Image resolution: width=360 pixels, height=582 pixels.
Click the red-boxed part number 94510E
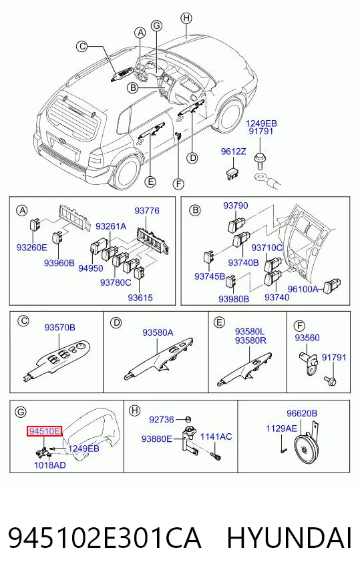pyautogui.click(x=44, y=431)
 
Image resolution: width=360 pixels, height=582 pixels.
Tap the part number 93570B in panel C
pyautogui.click(x=60, y=327)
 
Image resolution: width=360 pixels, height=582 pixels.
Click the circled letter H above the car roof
pyautogui.click(x=186, y=18)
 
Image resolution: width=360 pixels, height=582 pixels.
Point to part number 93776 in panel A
pyautogui.click(x=147, y=211)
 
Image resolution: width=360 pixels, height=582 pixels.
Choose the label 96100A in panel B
pyautogui.click(x=303, y=289)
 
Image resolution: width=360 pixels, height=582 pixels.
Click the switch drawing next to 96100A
pyautogui.click(x=332, y=286)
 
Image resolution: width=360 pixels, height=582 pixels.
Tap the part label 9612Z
pyautogui.click(x=233, y=152)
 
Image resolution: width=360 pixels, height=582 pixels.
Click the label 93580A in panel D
pyautogui.click(x=158, y=332)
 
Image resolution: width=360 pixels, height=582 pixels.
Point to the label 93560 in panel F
pyautogui.click(x=307, y=338)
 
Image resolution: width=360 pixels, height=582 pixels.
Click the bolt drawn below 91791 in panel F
pyautogui.click(x=331, y=380)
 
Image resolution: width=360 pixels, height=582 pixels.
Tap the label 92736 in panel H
pyautogui.click(x=162, y=419)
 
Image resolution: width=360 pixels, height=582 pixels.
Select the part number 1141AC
pyautogui.click(x=216, y=437)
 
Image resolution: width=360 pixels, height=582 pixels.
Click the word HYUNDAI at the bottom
pyautogui.click(x=289, y=538)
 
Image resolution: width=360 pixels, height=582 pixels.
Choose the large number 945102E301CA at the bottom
pyautogui.click(x=105, y=538)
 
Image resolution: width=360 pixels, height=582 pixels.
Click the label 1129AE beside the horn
pyautogui.click(x=282, y=428)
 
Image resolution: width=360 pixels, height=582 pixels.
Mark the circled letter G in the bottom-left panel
pyautogui.click(x=21, y=412)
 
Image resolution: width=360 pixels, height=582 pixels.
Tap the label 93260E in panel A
pyautogui.click(x=32, y=247)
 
